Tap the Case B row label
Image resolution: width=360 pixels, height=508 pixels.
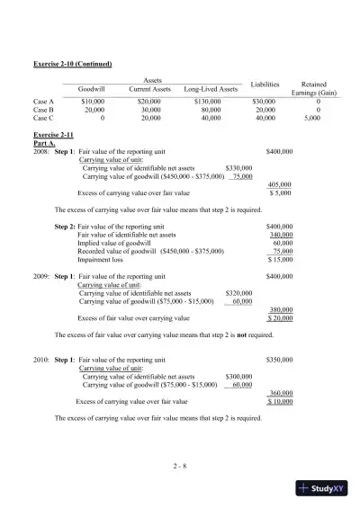(43, 110)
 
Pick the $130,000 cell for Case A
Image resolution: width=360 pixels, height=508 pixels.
(210, 102)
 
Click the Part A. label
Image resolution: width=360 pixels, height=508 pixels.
(44, 142)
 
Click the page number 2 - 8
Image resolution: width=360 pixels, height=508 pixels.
(180, 464)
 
